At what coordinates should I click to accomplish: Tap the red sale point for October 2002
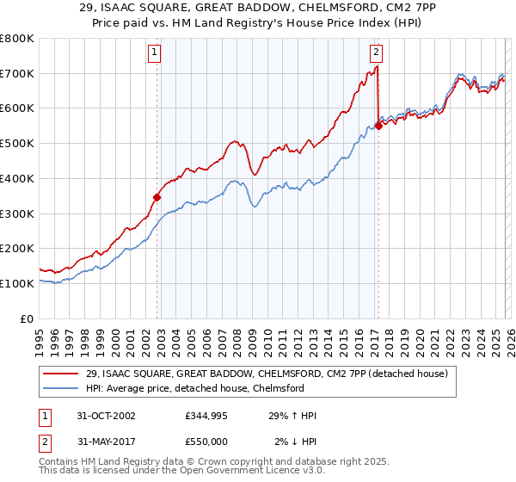(157, 197)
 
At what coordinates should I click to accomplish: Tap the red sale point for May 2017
(378, 126)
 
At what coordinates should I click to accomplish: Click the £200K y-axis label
(17, 248)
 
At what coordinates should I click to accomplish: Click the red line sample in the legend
(62, 374)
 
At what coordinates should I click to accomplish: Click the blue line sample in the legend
(62, 389)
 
